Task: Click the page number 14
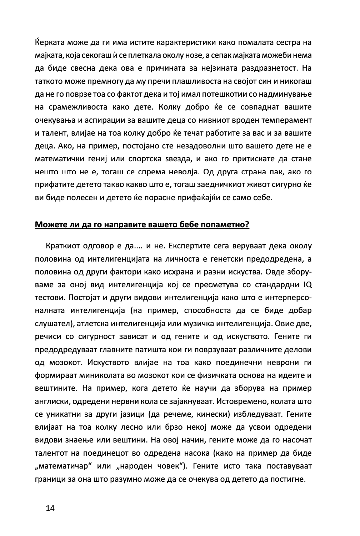[50, 508]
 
